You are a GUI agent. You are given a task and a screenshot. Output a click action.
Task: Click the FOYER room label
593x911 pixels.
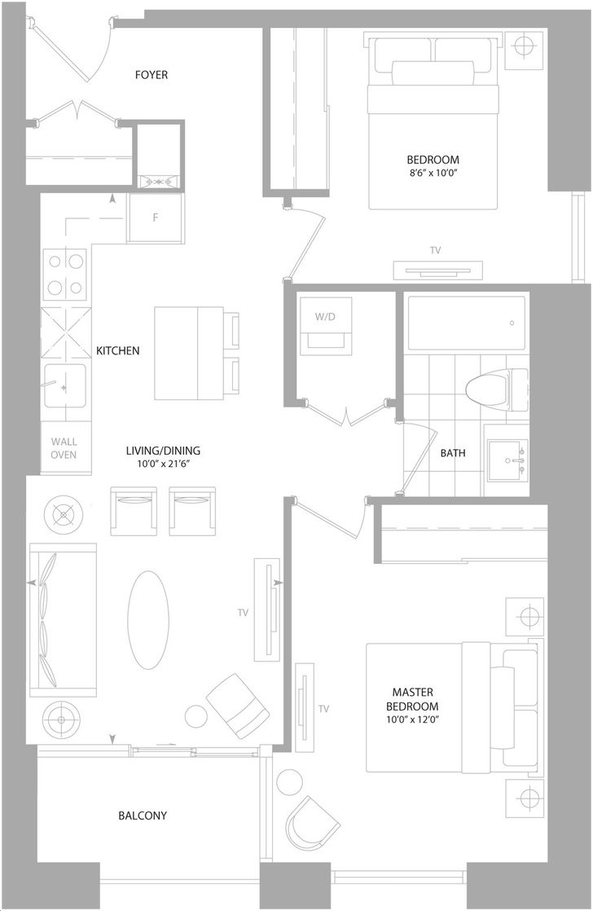point(151,75)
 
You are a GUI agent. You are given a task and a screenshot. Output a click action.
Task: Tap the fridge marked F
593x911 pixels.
point(156,218)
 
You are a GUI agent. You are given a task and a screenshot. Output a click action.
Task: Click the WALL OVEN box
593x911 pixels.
point(64,448)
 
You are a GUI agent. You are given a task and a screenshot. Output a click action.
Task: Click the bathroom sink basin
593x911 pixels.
point(507,460)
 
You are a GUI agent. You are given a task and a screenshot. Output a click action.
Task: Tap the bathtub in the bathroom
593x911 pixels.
point(465,323)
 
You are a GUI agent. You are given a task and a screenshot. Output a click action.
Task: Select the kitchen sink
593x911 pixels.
point(65,386)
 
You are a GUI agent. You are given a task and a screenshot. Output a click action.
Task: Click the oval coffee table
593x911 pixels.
point(148,620)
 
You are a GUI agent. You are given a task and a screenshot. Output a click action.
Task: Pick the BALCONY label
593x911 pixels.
point(143,816)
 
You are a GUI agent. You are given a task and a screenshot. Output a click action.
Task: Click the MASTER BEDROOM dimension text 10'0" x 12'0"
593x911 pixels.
point(412,720)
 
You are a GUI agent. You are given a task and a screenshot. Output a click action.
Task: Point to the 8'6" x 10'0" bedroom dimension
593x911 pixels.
point(433,173)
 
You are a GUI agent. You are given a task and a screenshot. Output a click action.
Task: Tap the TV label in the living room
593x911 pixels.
point(243,613)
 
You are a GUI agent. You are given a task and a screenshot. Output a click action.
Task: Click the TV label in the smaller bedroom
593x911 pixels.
point(435,250)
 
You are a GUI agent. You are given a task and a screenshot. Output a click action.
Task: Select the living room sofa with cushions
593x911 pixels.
point(63,620)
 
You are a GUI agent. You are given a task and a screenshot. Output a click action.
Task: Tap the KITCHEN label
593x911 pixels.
point(118,351)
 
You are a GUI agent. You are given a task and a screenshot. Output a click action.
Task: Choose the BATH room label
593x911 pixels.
point(452,453)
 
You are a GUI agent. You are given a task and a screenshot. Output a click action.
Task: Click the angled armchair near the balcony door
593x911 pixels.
point(238,706)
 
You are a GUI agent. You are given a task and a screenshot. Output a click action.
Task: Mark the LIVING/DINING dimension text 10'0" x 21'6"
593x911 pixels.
point(163,464)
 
